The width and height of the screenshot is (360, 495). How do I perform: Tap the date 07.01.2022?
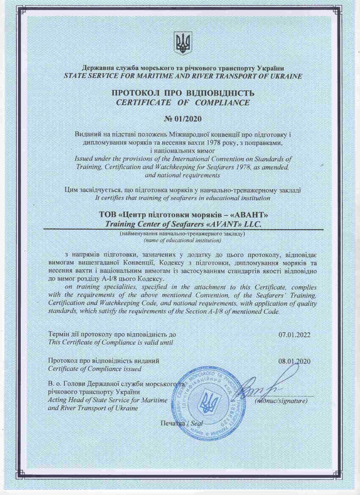(x=295, y=335)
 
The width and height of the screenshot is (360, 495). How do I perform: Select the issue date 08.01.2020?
(x=295, y=361)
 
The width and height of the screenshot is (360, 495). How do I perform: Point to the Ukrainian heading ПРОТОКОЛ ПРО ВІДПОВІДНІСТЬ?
(x=183, y=93)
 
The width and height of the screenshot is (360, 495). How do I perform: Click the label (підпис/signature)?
(x=281, y=401)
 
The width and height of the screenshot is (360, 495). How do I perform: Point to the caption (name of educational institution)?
(x=182, y=241)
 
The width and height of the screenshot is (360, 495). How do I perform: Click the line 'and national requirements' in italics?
(x=182, y=175)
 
